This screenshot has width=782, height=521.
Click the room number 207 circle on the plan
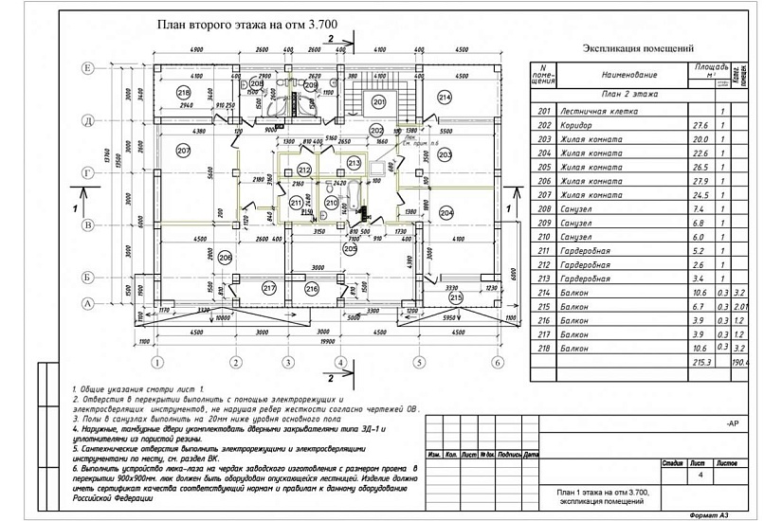[184, 151]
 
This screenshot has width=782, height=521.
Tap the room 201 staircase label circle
[378, 101]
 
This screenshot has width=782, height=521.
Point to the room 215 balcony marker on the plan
[456, 297]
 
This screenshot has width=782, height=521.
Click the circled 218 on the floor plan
[183, 92]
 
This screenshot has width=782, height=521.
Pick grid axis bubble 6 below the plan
[496, 361]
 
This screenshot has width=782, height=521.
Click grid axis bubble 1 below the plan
[158, 361]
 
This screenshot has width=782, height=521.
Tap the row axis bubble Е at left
[86, 68]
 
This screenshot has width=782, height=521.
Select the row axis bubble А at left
[86, 303]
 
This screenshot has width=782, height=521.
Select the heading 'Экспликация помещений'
[638, 48]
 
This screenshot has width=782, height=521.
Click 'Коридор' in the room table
[576, 125]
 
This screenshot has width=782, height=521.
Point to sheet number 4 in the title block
[700, 476]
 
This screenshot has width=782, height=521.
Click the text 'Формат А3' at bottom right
[718, 514]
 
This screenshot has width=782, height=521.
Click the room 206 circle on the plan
[225, 257]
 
